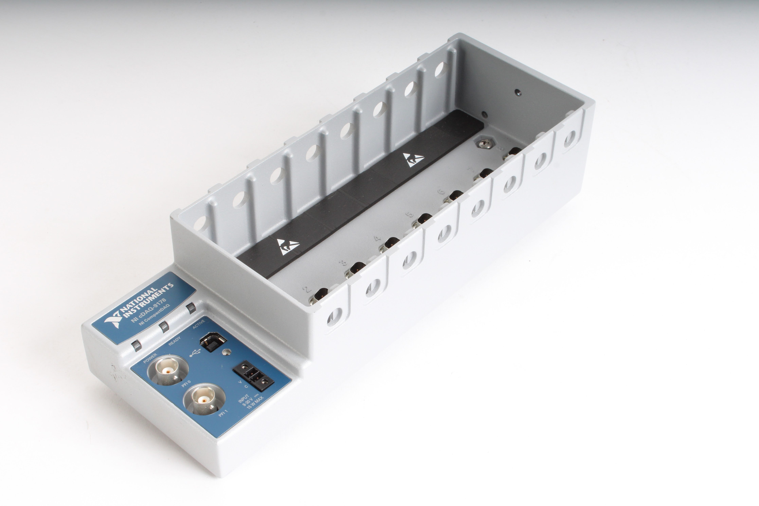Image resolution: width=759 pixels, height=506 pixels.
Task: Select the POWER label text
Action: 150,358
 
